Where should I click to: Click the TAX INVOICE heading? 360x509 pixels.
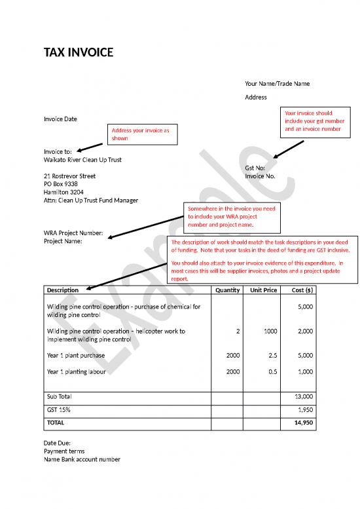tap(78, 52)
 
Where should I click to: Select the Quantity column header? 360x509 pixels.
tap(228, 290)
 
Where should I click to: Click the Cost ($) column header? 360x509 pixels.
tap(302, 290)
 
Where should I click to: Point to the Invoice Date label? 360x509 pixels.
tap(60, 119)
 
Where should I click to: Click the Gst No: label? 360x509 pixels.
tap(255, 168)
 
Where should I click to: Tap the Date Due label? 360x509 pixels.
tap(57, 443)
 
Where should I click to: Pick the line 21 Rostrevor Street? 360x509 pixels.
tap(69, 176)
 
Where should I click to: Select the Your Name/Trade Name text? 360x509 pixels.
tap(278, 83)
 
